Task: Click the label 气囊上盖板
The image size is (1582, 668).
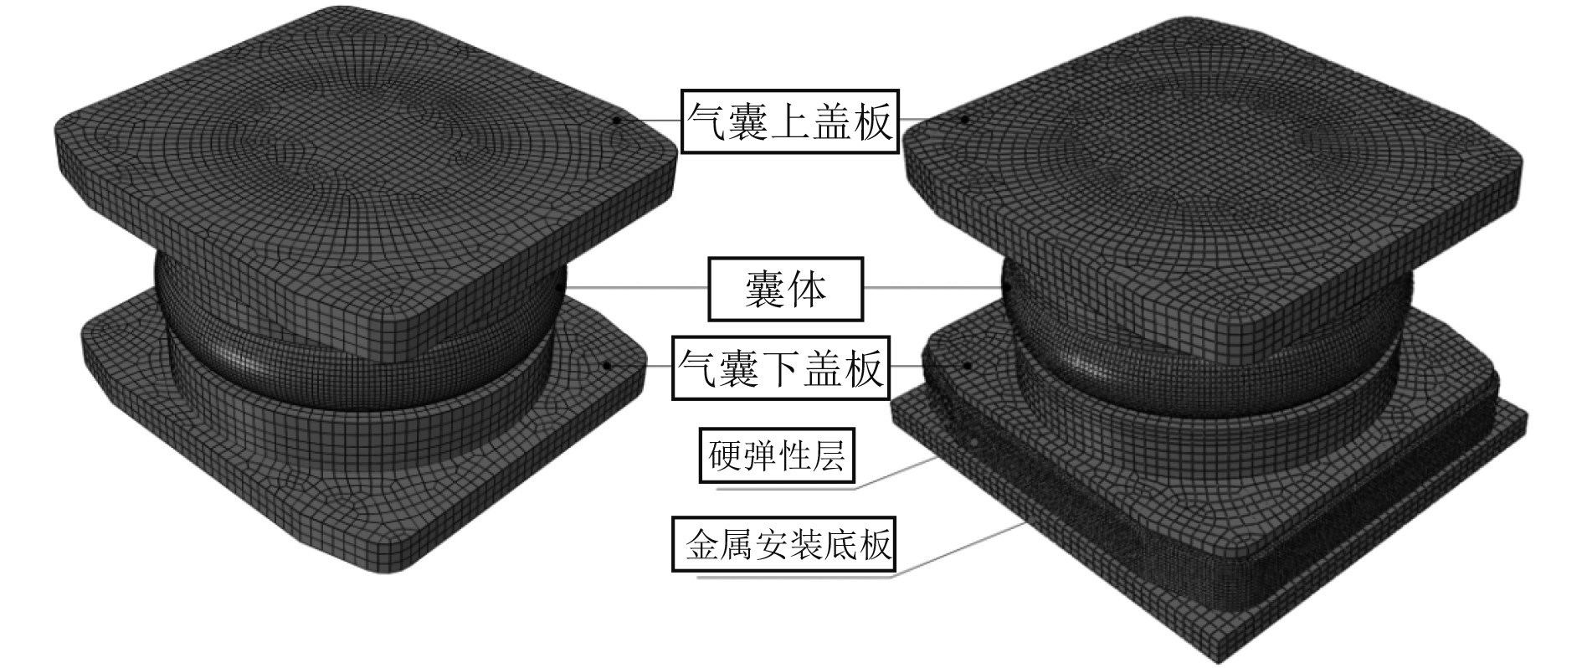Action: coord(789,121)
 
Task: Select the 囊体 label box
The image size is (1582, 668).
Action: coord(785,289)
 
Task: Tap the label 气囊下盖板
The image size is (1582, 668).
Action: coord(781,367)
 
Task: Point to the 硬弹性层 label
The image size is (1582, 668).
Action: coord(777,455)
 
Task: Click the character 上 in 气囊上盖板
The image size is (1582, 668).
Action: coord(789,121)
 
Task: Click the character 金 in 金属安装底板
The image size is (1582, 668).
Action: coord(701,546)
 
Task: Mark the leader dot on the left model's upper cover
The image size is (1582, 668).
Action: coord(617,120)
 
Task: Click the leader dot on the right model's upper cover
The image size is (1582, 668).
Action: coord(964,120)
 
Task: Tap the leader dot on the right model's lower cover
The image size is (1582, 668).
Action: coord(968,365)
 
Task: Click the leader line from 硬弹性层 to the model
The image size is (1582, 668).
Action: coord(896,473)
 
